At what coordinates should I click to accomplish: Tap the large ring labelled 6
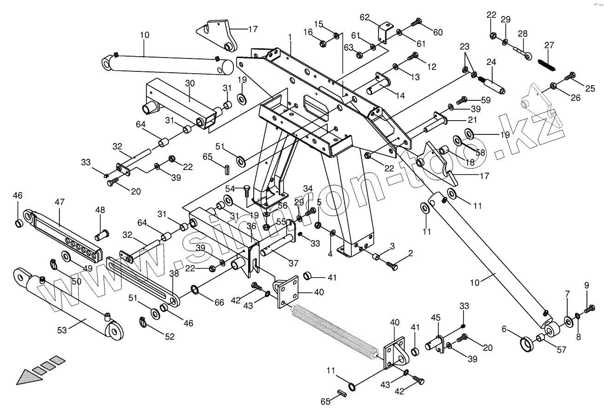(x=525, y=343)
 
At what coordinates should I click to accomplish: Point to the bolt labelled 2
(x=391, y=265)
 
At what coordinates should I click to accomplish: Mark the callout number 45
(x=436, y=318)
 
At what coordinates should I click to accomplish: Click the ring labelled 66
(x=195, y=289)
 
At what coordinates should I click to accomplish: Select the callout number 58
(x=480, y=152)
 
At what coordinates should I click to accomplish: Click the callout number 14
(x=400, y=96)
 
